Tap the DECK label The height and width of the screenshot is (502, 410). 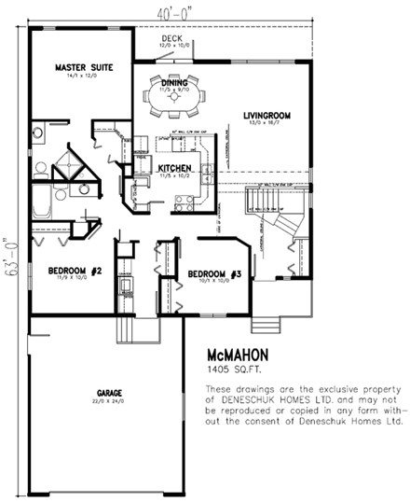[x=173, y=38]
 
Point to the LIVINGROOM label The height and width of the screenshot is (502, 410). [x=268, y=116]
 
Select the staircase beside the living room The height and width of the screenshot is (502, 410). [x=264, y=212]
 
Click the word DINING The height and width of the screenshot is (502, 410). [x=174, y=83]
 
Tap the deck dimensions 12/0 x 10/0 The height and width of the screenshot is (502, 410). [x=173, y=46]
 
